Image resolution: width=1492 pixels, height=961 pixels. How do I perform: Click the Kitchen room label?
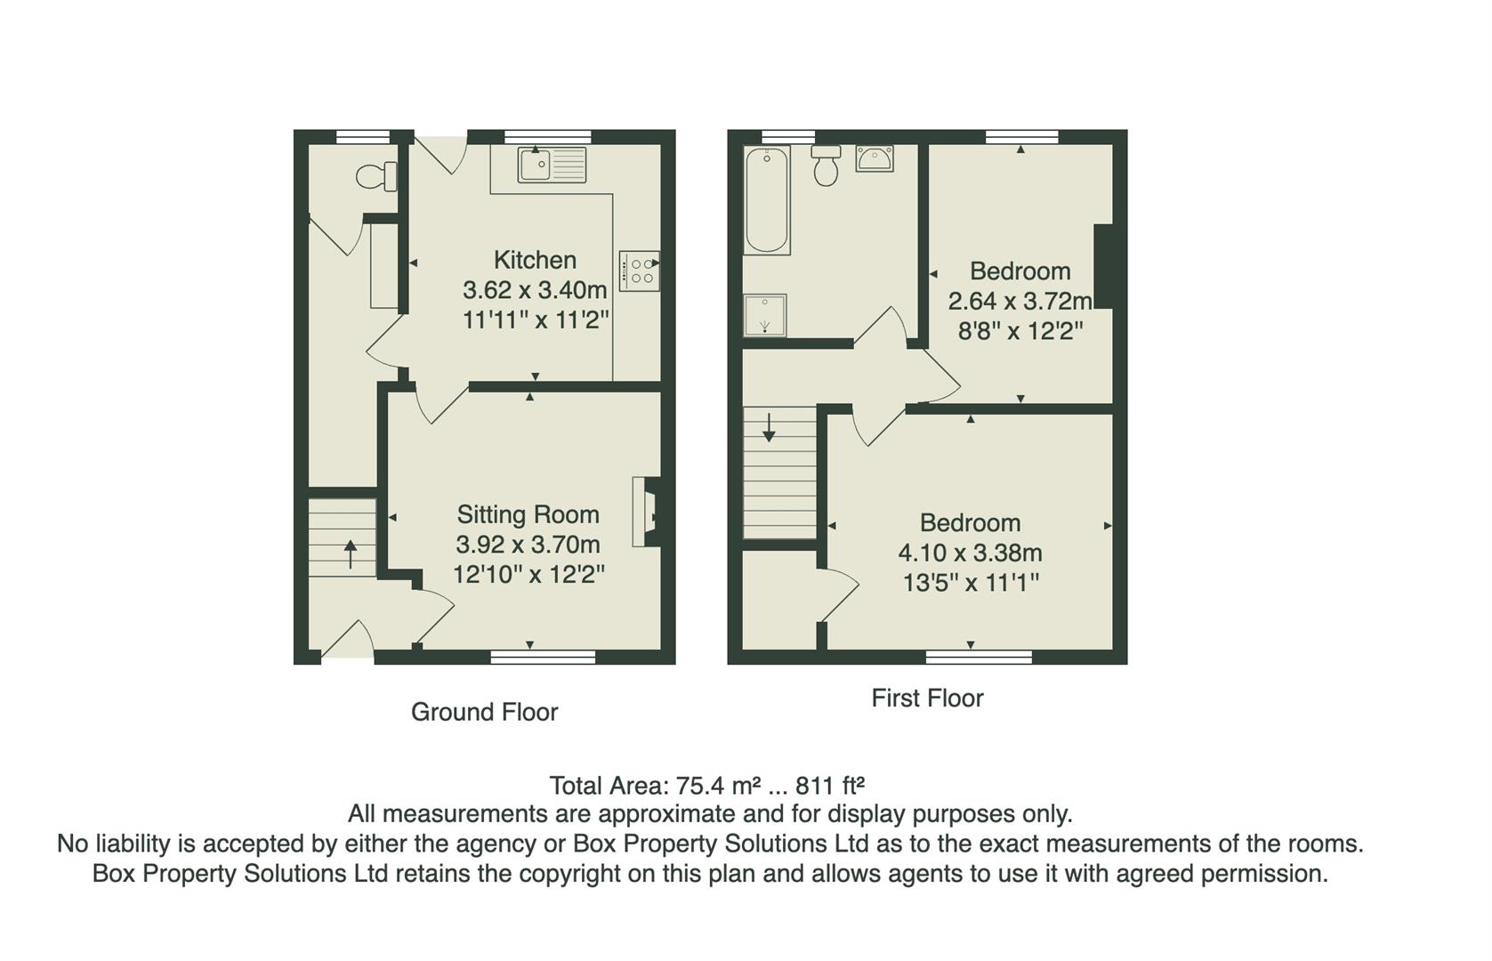(x=535, y=260)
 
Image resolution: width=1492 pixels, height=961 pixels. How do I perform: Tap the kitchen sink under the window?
(x=552, y=165)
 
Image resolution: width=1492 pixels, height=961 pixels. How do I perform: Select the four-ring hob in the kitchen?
(x=640, y=271)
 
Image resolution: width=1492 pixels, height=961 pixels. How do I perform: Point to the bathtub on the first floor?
(x=766, y=200)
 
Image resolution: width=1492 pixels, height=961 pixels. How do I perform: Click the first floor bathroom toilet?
(x=826, y=166)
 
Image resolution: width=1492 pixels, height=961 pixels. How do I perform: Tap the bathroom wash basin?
(x=874, y=159)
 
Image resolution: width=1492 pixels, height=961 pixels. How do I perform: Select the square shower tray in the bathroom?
(x=764, y=315)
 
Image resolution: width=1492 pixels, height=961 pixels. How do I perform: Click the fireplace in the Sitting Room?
(x=647, y=512)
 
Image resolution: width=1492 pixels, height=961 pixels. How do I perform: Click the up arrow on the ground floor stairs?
(x=350, y=553)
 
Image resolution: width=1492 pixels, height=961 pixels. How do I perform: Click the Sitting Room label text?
(x=528, y=514)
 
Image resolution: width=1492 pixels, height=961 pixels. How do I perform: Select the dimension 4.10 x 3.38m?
(x=970, y=553)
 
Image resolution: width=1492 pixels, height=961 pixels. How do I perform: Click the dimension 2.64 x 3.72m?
(x=1020, y=301)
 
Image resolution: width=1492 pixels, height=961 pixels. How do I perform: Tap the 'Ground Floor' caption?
(x=484, y=712)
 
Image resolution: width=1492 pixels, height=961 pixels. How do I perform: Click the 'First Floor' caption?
(x=927, y=699)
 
